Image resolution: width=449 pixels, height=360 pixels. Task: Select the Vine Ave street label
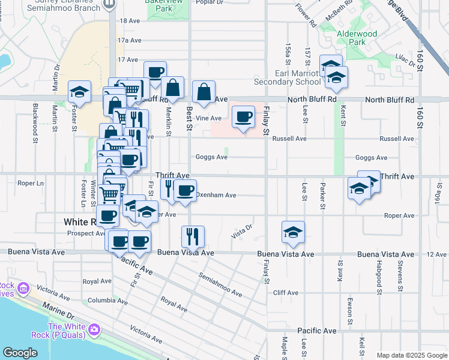point(209,119)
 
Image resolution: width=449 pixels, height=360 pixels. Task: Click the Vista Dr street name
point(241,230)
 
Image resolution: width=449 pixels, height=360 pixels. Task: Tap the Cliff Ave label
point(286,293)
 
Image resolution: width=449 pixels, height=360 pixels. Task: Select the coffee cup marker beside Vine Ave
point(243,117)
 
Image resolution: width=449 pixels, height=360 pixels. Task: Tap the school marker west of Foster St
point(79,91)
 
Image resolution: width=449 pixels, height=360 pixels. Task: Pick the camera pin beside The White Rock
point(94,329)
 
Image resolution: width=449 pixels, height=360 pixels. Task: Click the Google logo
point(20,353)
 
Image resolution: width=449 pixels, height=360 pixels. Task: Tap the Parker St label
point(322,197)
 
